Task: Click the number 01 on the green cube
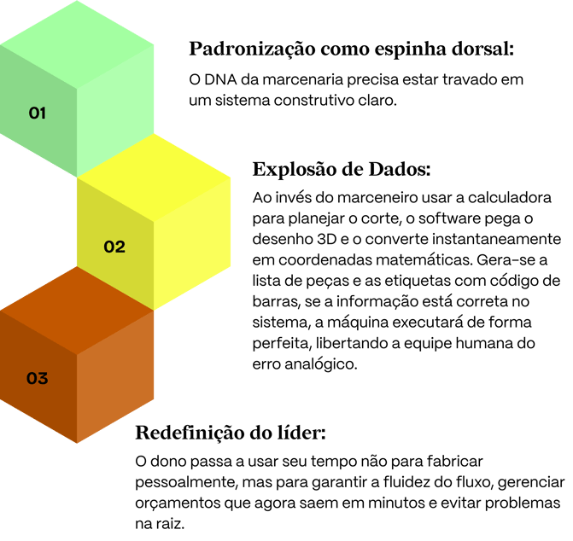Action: point(38,113)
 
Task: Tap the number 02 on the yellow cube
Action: point(114,247)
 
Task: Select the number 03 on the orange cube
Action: point(38,378)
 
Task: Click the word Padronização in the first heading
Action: point(252,49)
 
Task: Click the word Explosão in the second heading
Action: point(295,170)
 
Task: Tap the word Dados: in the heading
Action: point(400,169)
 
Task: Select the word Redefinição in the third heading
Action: point(190,433)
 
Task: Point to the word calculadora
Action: point(510,197)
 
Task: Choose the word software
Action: point(449,218)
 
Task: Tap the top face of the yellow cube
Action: point(154,177)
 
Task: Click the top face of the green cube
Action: point(77,44)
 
